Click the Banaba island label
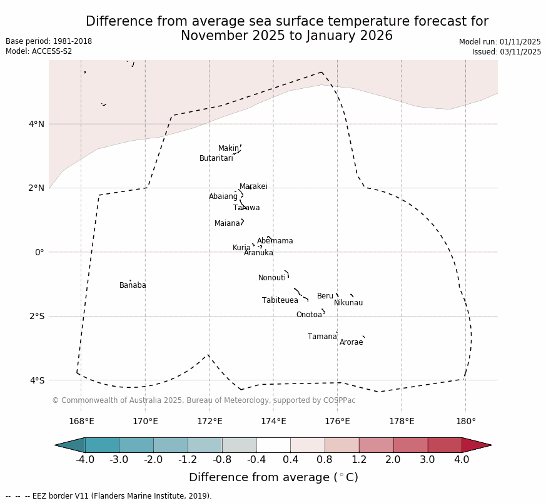click(x=133, y=286)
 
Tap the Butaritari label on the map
click(x=216, y=159)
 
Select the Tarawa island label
click(x=246, y=208)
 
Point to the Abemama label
click(x=275, y=241)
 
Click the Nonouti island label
click(x=271, y=278)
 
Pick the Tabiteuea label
click(x=280, y=301)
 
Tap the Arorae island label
click(x=351, y=343)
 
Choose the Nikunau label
click(x=348, y=303)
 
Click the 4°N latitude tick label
click(x=36, y=124)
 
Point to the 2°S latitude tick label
click(x=36, y=316)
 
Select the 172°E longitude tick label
click(x=210, y=422)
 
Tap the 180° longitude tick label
click(x=465, y=422)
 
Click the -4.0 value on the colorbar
click(x=85, y=460)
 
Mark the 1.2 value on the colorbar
click(x=359, y=460)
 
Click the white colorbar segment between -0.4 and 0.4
click(x=273, y=445)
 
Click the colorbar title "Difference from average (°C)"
click(x=273, y=478)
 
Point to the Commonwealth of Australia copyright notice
click(x=203, y=400)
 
